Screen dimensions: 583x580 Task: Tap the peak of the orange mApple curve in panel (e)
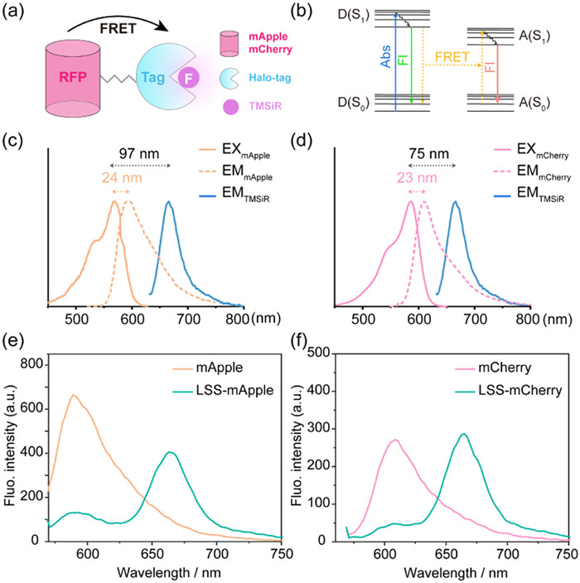pos(74,395)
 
